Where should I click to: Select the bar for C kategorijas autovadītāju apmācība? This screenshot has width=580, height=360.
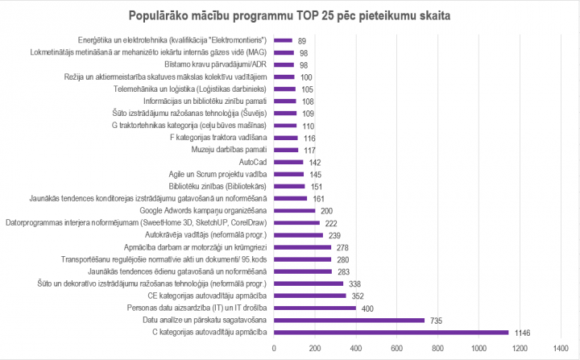(x=391, y=332)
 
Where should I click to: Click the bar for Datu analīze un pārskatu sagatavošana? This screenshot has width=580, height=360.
(x=350, y=320)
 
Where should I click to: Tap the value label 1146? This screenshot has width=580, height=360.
(x=524, y=332)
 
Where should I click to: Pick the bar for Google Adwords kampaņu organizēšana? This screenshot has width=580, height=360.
(x=295, y=210)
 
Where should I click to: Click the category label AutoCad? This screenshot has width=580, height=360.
(x=254, y=162)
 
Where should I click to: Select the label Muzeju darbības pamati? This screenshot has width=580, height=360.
(x=230, y=150)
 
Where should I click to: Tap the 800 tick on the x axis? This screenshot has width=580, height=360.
(x=438, y=348)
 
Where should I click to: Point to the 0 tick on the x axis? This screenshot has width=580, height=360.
(x=275, y=348)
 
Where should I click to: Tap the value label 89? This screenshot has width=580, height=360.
(x=301, y=40)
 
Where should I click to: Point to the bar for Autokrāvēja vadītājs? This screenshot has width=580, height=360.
(x=299, y=235)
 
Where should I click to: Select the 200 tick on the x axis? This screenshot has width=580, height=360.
(x=316, y=348)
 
